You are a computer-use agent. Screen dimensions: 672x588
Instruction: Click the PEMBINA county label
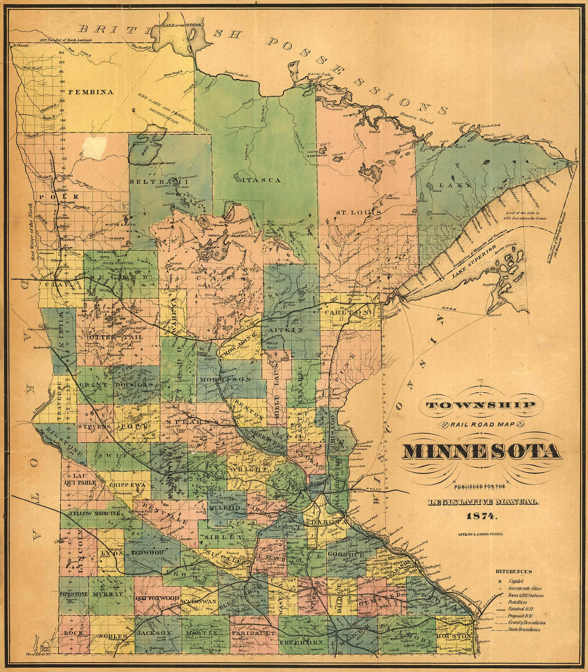pyautogui.click(x=91, y=92)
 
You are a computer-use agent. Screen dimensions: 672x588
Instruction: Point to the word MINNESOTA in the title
pyautogui.click(x=481, y=451)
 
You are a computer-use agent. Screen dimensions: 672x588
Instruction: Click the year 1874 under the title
pyautogui.click(x=481, y=516)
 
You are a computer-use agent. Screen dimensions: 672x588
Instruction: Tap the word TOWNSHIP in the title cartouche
pyautogui.click(x=481, y=405)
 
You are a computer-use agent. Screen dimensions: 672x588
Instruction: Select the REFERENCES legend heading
pyautogui.click(x=513, y=571)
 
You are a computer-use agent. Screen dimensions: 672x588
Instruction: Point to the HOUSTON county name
pyautogui.click(x=455, y=636)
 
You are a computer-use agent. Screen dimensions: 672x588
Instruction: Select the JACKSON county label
pyautogui.click(x=153, y=633)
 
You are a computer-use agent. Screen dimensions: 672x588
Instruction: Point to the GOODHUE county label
pyautogui.click(x=345, y=554)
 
